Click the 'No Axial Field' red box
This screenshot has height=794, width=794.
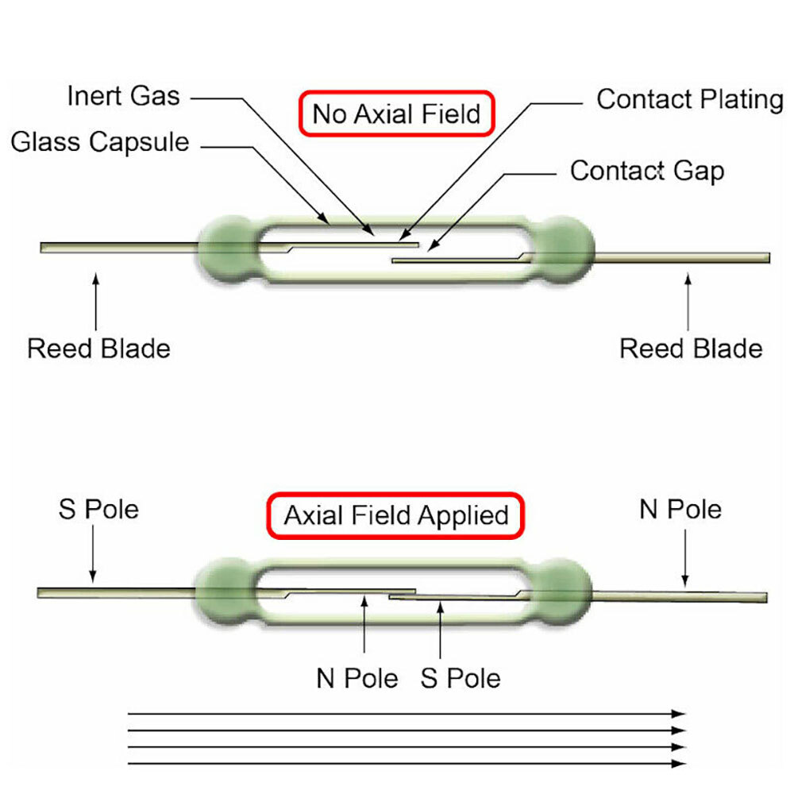[396, 114]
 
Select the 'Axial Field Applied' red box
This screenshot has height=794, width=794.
[395, 516]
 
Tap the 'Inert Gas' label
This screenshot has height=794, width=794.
[123, 97]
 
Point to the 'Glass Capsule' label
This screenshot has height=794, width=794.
[100, 142]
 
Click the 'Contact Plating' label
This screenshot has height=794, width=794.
[689, 99]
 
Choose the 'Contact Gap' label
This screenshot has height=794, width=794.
[647, 170]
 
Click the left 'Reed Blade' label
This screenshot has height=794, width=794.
[98, 349]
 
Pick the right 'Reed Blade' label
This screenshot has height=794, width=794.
[690, 349]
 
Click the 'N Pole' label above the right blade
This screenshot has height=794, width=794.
[680, 509]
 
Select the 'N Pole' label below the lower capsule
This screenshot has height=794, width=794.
[357, 679]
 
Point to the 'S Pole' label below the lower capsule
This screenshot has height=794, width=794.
[461, 679]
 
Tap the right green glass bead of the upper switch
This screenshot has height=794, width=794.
[563, 248]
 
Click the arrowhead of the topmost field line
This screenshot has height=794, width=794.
[680, 714]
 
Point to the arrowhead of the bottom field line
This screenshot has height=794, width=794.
[680, 764]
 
